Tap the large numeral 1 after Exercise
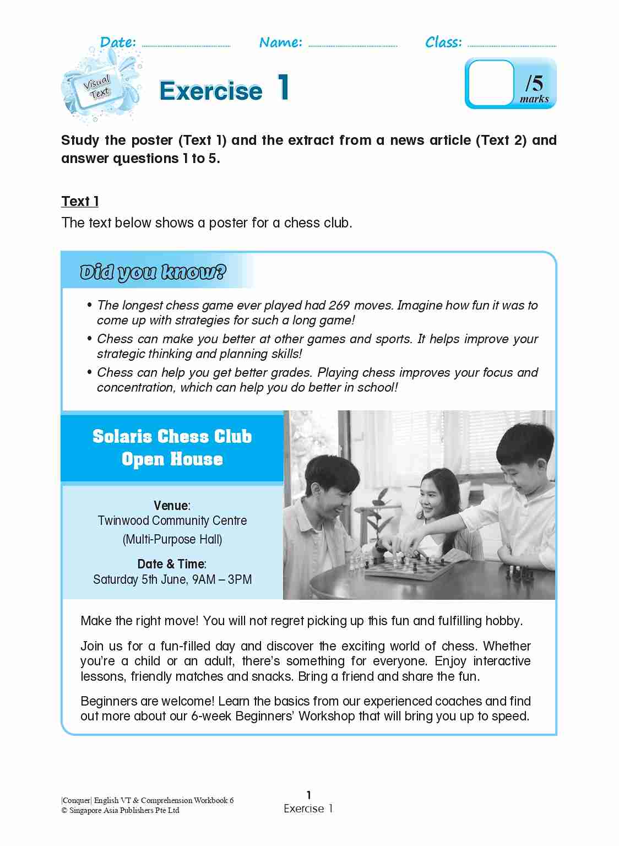click(283, 88)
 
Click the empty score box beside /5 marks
click(490, 83)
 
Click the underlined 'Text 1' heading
click(80, 202)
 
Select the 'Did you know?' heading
click(153, 272)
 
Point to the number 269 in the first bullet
click(339, 305)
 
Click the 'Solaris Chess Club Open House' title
click(172, 447)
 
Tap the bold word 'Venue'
click(171, 506)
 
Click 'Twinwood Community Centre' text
click(172, 520)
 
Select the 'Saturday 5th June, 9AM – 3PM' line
click(172, 579)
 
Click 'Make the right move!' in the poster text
click(139, 621)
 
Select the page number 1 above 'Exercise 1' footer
click(308, 795)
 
